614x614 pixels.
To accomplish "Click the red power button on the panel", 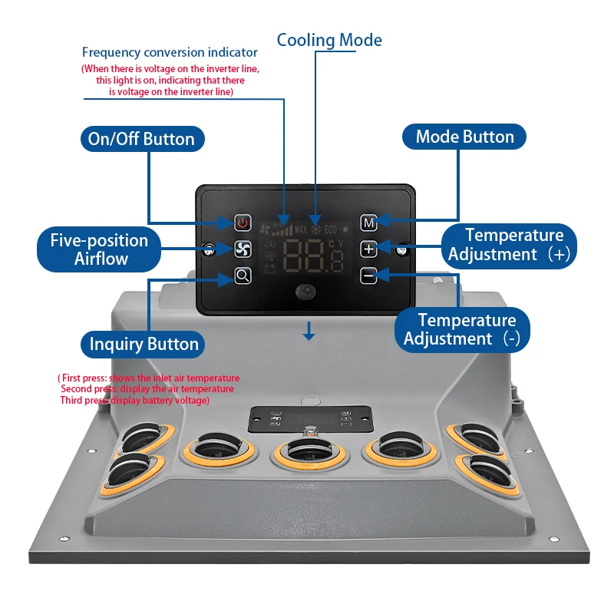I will (x=243, y=223).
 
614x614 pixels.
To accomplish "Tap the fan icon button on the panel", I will (x=243, y=249).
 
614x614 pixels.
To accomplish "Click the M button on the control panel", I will (x=369, y=223).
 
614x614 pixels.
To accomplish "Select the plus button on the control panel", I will (x=369, y=249).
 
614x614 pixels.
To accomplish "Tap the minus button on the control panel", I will (x=369, y=274).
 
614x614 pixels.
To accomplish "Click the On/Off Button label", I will (x=142, y=139).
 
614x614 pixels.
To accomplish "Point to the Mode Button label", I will (x=464, y=137).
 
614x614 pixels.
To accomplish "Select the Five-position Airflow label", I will (x=100, y=249).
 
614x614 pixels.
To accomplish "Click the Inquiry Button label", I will (x=144, y=344).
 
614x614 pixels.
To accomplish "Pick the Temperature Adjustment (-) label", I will (x=463, y=329).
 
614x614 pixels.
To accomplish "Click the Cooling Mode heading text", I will (x=329, y=40).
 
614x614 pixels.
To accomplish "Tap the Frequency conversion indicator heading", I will (x=170, y=53).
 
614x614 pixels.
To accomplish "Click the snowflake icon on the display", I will (x=315, y=229).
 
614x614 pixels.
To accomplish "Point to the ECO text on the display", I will (x=331, y=229).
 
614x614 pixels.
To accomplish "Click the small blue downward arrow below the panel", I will (x=309, y=332).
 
